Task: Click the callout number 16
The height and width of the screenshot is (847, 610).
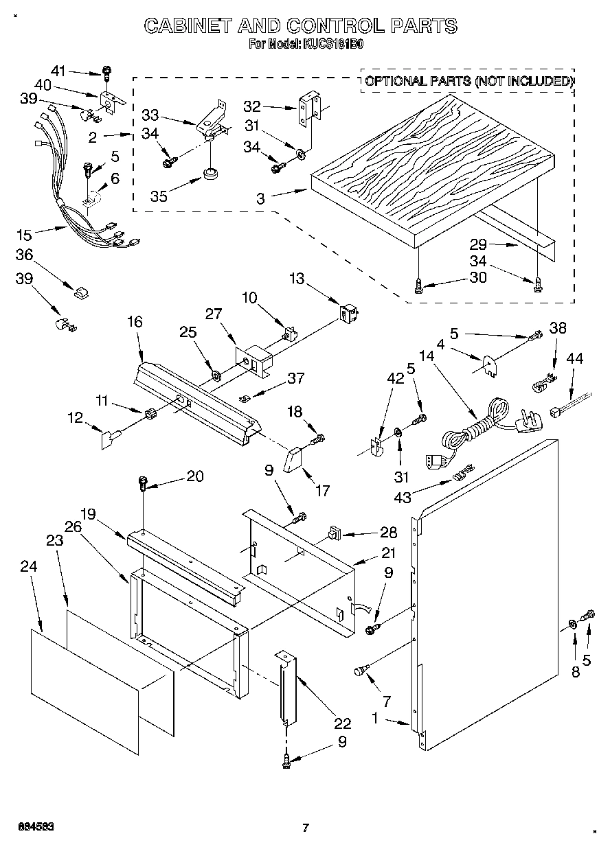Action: [x=134, y=322]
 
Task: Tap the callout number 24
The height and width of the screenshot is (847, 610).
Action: [x=29, y=567]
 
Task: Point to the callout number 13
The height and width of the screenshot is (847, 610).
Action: [x=296, y=279]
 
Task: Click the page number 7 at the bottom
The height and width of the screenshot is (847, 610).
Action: [x=305, y=827]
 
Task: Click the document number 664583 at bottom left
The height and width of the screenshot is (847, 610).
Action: [x=34, y=824]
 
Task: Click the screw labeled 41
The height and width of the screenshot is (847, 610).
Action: [x=107, y=71]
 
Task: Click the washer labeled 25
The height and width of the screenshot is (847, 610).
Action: [x=215, y=375]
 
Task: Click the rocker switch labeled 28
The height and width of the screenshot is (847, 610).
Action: [x=335, y=533]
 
